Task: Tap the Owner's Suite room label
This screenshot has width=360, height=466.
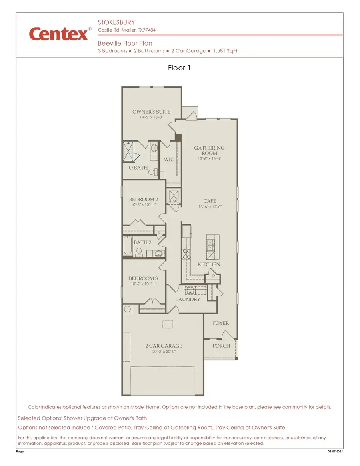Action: [x=151, y=112]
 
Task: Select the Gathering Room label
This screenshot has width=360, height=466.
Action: [x=209, y=150]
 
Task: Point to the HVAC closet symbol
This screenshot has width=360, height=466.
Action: [x=174, y=197]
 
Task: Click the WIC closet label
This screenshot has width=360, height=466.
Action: [x=169, y=159]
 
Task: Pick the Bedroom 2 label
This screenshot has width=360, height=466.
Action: [x=143, y=199]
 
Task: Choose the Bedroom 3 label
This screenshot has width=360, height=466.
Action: [x=143, y=278]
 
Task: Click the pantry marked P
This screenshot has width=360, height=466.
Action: [x=214, y=276]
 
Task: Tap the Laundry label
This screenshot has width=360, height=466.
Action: [x=188, y=299]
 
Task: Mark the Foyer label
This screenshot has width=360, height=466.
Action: [x=221, y=323]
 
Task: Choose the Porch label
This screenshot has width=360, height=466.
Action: [x=221, y=346]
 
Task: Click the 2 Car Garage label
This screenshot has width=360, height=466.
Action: [x=164, y=346]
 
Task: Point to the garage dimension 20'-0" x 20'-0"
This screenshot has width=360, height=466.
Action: [x=164, y=352]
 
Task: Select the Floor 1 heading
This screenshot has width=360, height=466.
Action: [x=179, y=68]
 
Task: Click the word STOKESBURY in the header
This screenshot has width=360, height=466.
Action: [x=116, y=22]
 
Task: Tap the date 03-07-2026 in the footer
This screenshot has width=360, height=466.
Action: [x=335, y=451]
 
